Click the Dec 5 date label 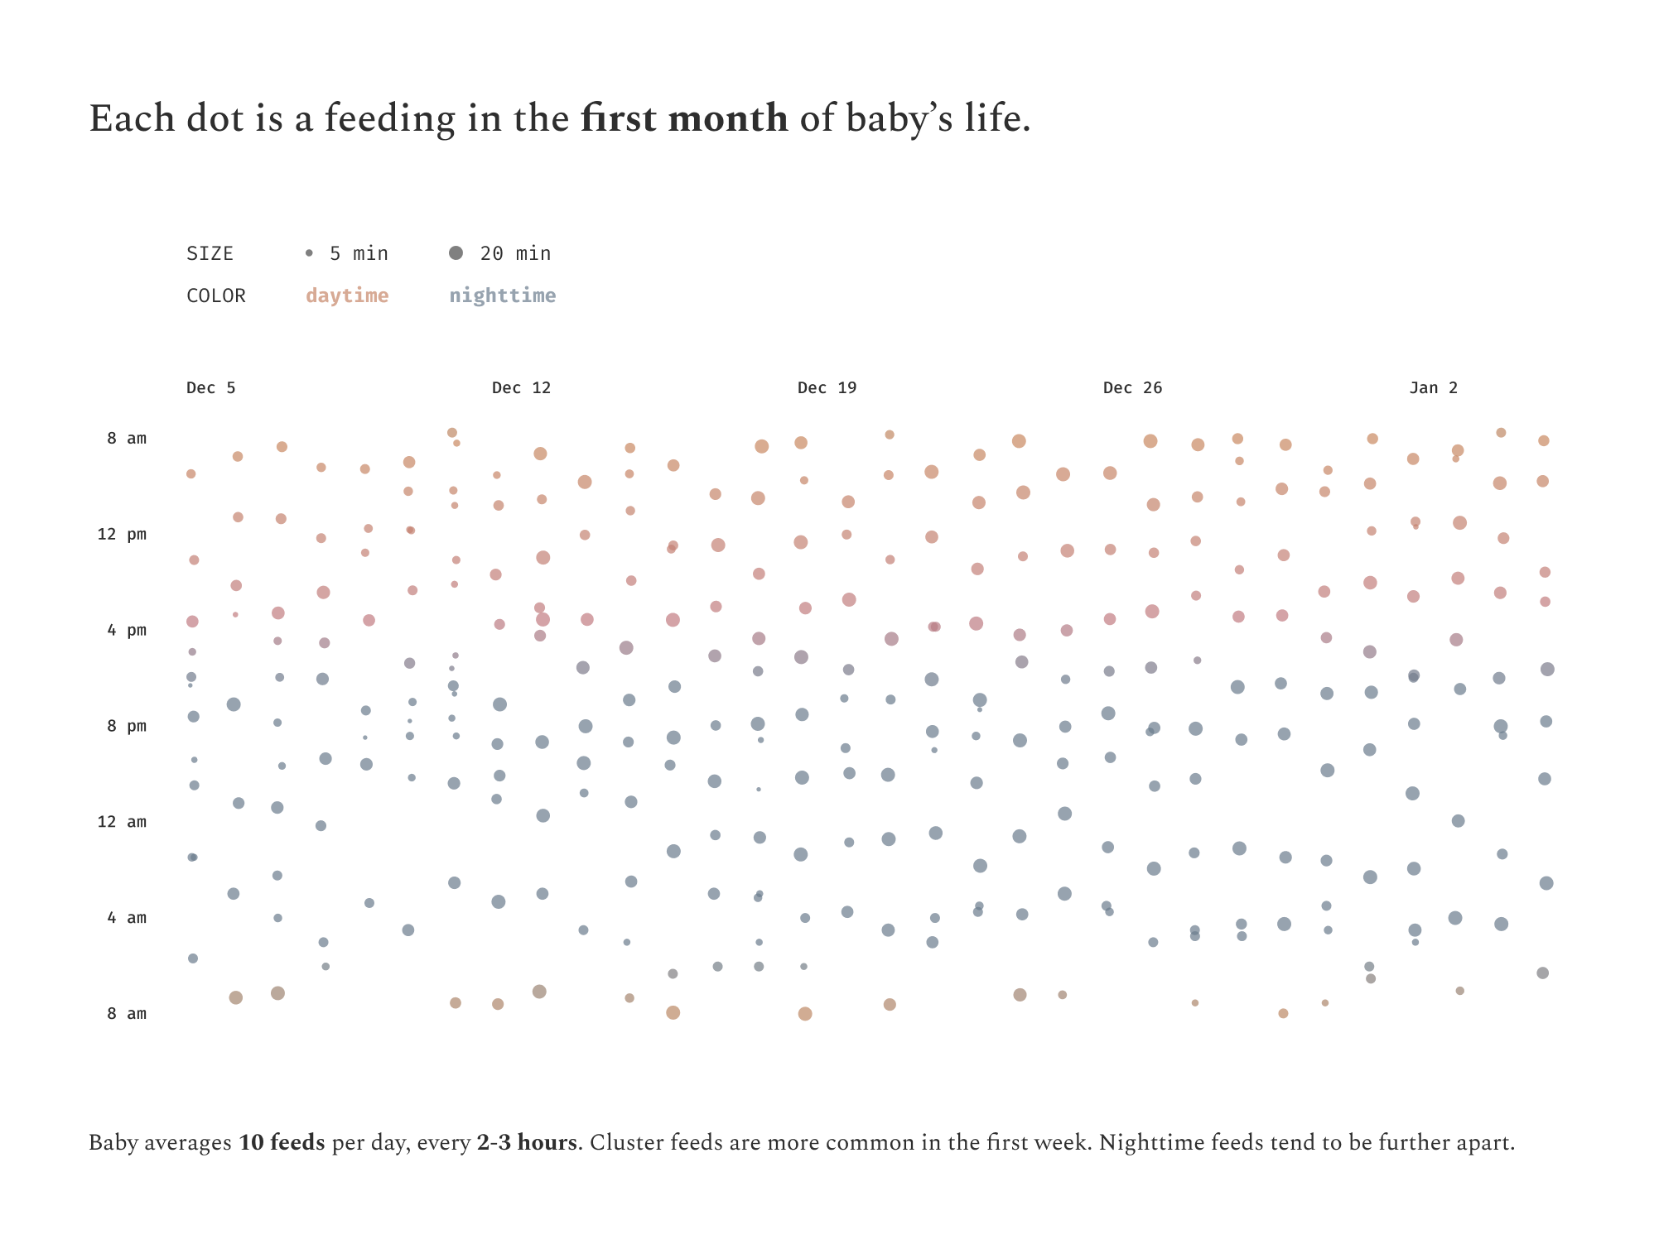coord(210,387)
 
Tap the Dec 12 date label coord(521,387)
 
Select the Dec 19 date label coord(827,387)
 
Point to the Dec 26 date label coord(1132,387)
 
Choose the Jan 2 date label coord(1433,387)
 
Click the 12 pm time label coord(122,534)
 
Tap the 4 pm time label coord(127,630)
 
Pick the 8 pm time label coord(127,726)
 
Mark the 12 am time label coord(122,822)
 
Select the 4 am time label coord(127,918)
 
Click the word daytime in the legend coord(347,295)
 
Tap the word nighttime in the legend coord(502,295)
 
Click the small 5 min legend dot coord(309,253)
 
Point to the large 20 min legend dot coord(456,253)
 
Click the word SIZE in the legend coord(210,253)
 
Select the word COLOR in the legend coord(215,295)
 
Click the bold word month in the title coord(727,118)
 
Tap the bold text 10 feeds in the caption coord(282,1143)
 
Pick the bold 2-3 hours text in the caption coord(527,1143)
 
